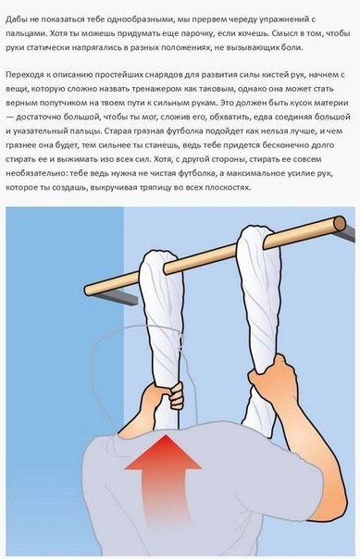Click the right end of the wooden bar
point(339,223)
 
